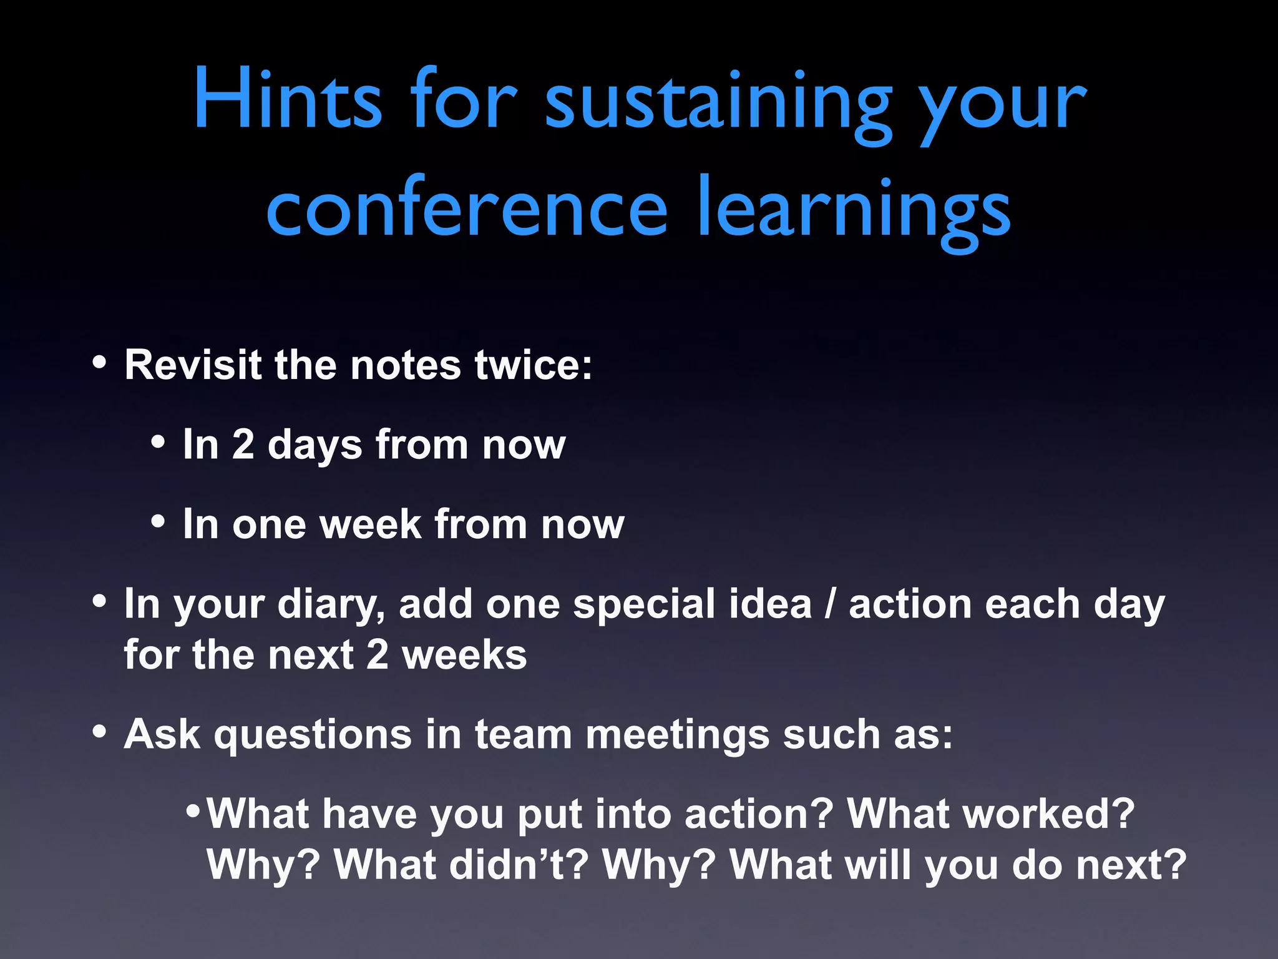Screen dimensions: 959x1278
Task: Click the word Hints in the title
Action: [x=287, y=100]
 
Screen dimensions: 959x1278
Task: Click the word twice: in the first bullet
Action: [x=534, y=365]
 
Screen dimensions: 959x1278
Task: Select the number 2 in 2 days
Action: [x=243, y=445]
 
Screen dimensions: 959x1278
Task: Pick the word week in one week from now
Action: [x=371, y=524]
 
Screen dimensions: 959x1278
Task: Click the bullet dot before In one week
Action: [x=159, y=521]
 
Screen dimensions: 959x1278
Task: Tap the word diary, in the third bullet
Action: [x=331, y=604]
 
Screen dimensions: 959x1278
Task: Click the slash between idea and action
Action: [x=829, y=604]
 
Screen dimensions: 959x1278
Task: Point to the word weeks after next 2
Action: [x=464, y=655]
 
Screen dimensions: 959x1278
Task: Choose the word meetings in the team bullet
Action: [x=677, y=735]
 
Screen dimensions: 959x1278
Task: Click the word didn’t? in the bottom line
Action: [x=462, y=865]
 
